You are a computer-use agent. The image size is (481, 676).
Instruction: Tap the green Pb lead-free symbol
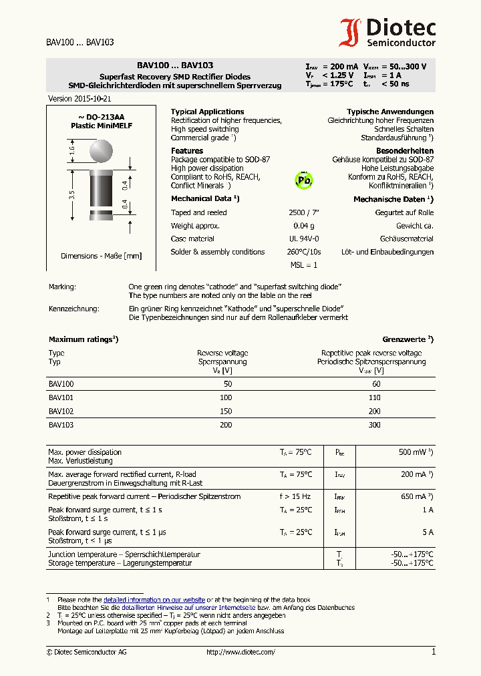(x=304, y=180)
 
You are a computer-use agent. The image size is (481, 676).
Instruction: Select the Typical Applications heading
(x=207, y=112)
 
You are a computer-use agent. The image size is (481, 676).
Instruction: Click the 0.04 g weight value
(x=303, y=226)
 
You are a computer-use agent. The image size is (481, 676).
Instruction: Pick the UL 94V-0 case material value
(x=303, y=238)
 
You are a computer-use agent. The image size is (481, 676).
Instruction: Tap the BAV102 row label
(x=61, y=411)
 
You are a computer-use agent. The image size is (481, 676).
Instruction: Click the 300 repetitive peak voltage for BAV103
(x=374, y=424)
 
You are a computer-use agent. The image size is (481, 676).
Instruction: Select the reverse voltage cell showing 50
(x=228, y=384)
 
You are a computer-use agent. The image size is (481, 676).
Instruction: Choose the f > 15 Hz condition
(x=295, y=496)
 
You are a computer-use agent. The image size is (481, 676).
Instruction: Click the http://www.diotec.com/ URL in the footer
(x=240, y=652)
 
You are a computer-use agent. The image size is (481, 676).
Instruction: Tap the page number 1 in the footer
(x=433, y=652)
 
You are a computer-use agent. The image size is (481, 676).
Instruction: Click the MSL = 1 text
(x=303, y=265)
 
